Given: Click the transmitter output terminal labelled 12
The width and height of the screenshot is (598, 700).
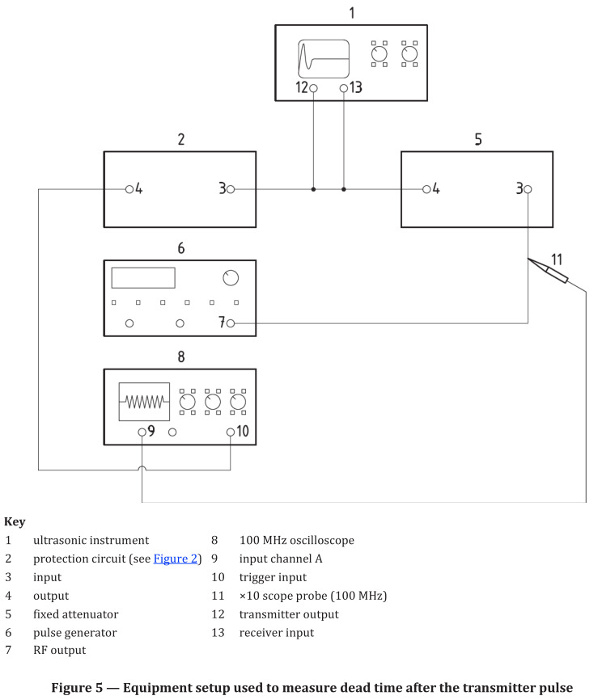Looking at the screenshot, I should (x=313, y=88).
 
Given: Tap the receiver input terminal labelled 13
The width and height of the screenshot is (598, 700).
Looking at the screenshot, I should (x=344, y=88).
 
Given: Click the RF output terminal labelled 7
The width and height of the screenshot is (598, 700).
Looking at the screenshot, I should (x=231, y=323).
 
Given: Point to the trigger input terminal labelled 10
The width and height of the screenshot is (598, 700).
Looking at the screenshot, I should (x=231, y=432).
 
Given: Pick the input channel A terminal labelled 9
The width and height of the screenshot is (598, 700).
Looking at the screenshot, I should (x=142, y=432).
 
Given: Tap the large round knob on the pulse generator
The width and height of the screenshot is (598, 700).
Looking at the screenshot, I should (x=231, y=278).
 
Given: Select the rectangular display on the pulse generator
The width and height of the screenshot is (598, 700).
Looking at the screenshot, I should (x=143, y=277).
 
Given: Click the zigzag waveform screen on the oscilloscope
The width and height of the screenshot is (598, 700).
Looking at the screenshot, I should (x=144, y=401).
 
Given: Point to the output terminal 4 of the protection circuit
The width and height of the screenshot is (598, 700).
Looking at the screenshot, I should (x=129, y=189).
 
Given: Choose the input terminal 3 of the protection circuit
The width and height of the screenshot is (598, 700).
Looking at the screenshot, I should (x=231, y=189).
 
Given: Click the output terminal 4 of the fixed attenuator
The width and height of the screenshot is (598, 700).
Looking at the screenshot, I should (x=426, y=189).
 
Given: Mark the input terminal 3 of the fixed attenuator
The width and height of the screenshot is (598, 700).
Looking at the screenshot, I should (x=528, y=189).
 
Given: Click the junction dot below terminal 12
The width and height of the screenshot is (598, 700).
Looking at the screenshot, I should (x=313, y=189).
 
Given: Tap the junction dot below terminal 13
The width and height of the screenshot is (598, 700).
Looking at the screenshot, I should (x=344, y=189).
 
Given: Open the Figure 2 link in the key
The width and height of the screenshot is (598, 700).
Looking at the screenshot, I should (x=176, y=559).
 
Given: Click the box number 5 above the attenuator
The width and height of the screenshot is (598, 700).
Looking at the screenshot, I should (x=477, y=139).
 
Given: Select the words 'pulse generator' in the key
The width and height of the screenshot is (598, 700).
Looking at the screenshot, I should (x=74, y=632).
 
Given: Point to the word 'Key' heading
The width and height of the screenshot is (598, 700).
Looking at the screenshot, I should (x=15, y=522).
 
